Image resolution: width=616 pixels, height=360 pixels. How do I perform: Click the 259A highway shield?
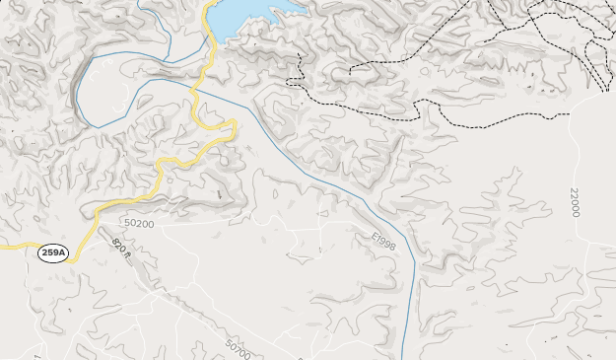(x=53, y=253)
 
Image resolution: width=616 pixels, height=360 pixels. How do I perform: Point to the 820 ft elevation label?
(x=121, y=250)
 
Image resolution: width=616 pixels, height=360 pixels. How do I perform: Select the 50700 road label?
(x=238, y=349)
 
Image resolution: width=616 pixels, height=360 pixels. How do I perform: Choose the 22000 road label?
(x=574, y=201)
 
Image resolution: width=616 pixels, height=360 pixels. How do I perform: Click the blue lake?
(x=246, y=15)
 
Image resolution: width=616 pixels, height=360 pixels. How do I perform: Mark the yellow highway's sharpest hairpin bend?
(x=235, y=123)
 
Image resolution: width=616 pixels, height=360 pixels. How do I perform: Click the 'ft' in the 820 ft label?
(x=126, y=256)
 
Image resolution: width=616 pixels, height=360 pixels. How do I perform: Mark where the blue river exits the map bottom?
(x=404, y=357)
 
